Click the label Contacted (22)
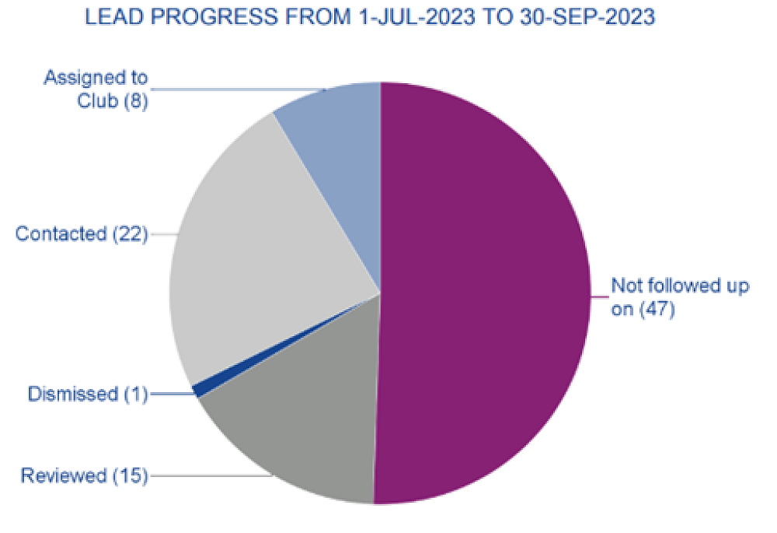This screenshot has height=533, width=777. pyautogui.click(x=82, y=233)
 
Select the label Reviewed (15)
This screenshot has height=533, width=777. pyautogui.click(x=84, y=475)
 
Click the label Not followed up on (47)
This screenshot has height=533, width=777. pyautogui.click(x=680, y=296)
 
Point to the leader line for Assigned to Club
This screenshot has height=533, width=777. pyautogui.click(x=233, y=89)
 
